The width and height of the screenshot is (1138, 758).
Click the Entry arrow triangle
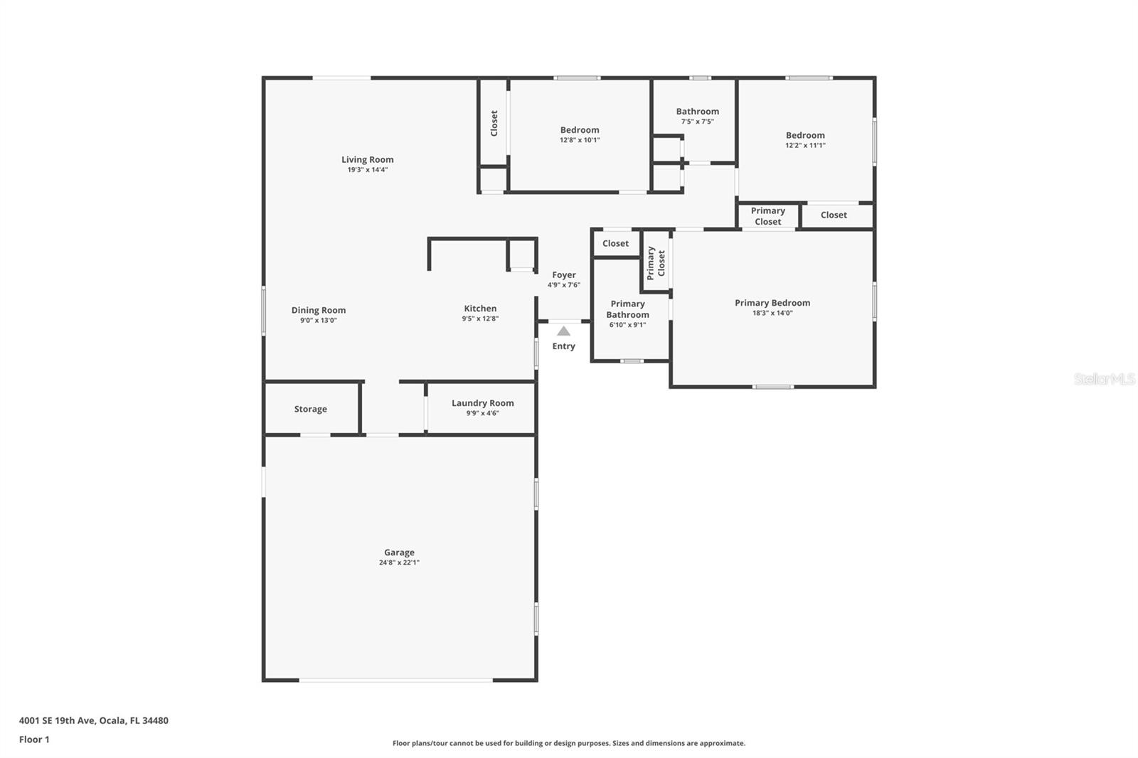coord(563,331)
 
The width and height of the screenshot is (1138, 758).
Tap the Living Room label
coord(367,159)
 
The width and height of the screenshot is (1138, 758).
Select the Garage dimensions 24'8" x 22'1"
coord(399,562)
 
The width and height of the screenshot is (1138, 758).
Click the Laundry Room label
coord(482,403)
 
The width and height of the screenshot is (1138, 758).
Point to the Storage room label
coord(311,409)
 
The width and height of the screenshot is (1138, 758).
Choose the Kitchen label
coord(480,309)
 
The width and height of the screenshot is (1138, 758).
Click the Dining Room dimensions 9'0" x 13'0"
coord(318,320)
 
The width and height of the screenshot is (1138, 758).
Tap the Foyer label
coord(564,275)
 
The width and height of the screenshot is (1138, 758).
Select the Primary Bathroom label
coord(627,309)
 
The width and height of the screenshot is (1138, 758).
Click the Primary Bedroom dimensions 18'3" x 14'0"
coord(772,313)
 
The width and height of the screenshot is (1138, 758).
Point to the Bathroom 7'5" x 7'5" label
coord(697,112)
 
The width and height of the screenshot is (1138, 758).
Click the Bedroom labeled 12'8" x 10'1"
coord(580,130)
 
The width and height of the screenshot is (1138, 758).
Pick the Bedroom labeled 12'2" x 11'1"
coord(805,135)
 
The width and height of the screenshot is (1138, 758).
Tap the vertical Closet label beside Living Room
coord(494,123)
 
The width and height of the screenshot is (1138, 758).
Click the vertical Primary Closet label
coord(656,263)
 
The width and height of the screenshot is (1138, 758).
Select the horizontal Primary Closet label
coord(767,216)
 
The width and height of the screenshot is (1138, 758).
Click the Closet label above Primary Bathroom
coord(615,243)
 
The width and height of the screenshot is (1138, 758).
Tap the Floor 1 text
coord(34,740)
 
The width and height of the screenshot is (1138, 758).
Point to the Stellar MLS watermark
coord(1104,379)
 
